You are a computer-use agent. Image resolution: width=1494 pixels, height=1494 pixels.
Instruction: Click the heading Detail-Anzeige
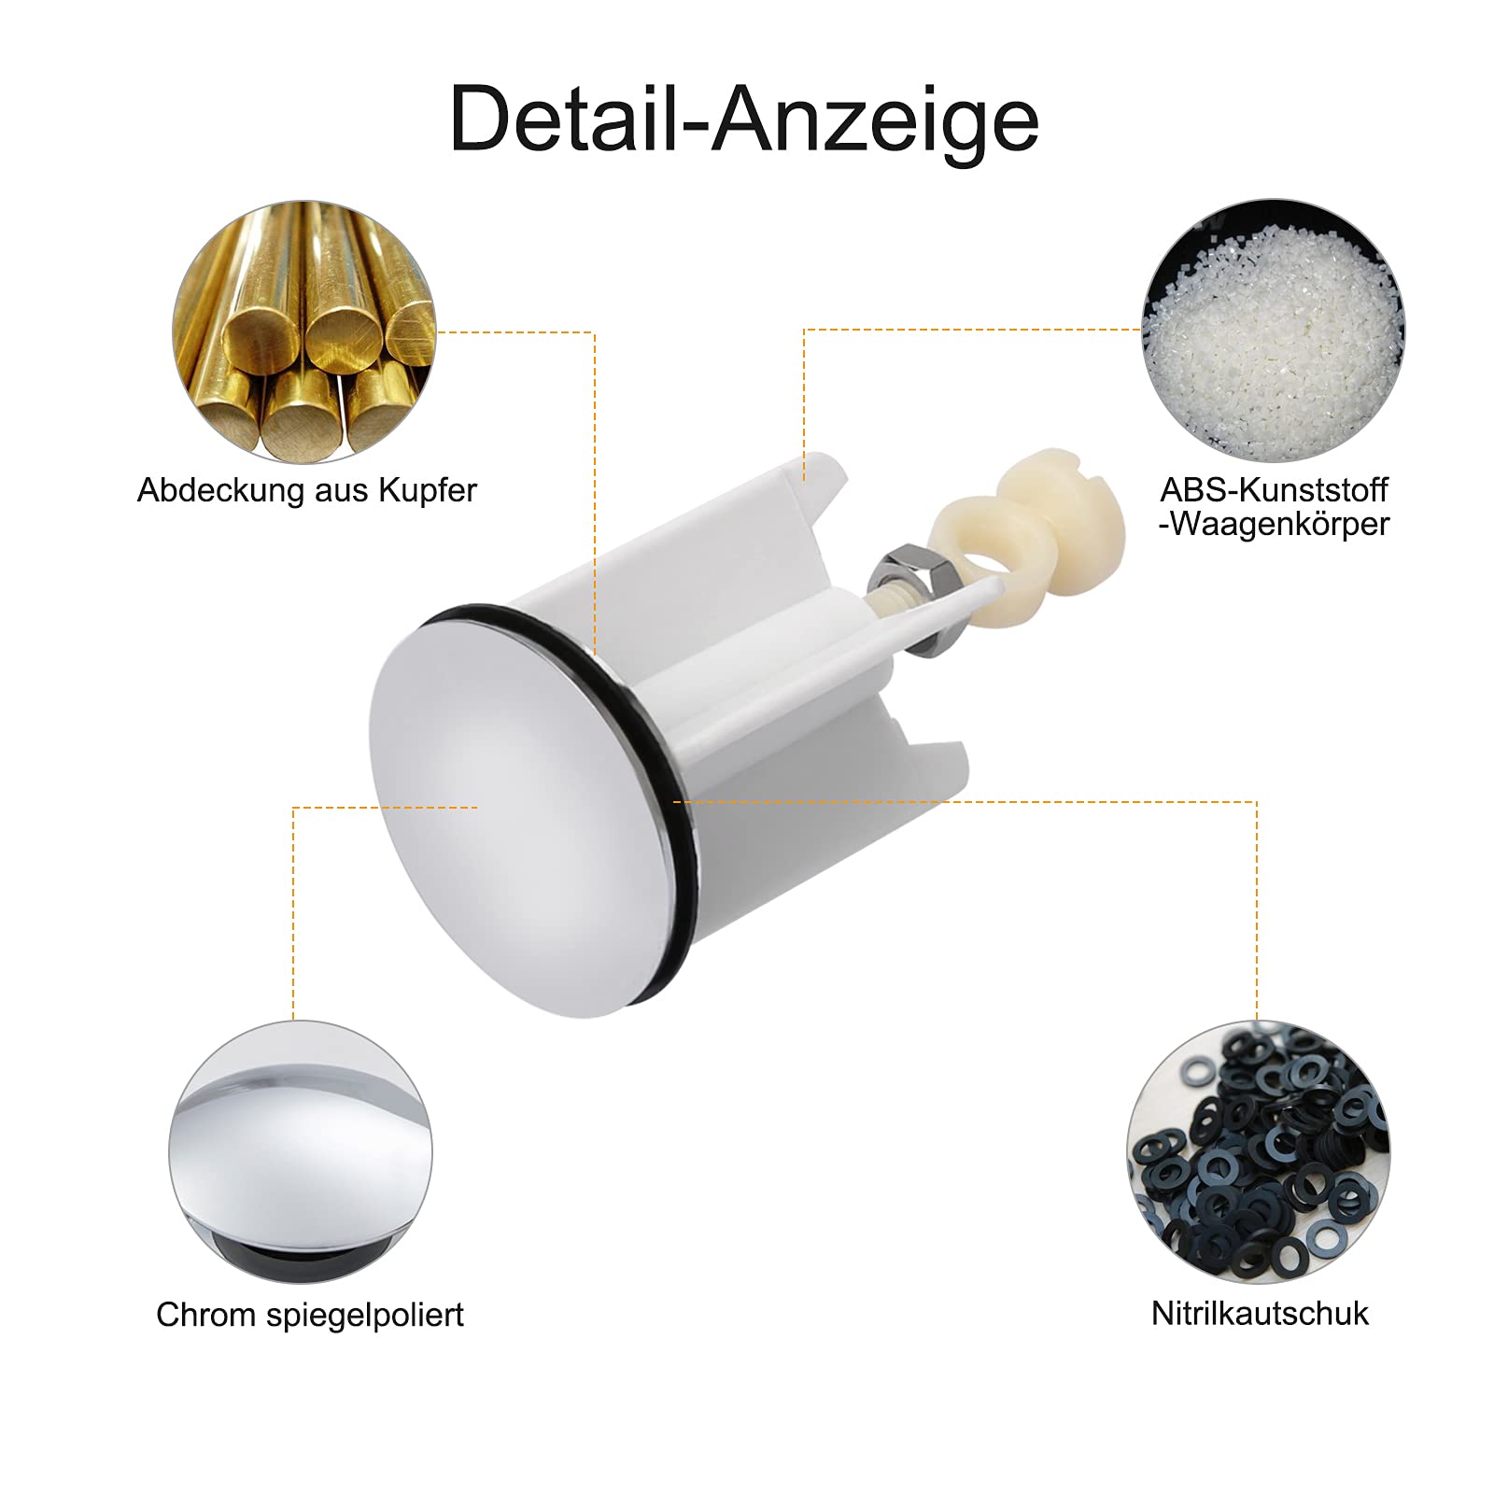click(x=744, y=120)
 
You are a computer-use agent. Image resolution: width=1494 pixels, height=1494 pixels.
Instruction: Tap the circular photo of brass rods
click(x=304, y=331)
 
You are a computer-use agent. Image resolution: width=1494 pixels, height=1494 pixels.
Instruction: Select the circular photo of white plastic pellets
click(x=1274, y=330)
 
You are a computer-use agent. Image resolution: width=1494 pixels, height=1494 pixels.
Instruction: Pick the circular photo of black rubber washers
click(x=1258, y=1151)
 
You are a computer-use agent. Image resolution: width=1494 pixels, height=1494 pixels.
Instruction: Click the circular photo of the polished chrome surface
click(x=301, y=1152)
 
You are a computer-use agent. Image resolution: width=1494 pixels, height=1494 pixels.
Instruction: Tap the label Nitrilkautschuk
click(x=1260, y=1314)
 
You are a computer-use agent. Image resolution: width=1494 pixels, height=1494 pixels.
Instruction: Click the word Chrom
click(x=205, y=1315)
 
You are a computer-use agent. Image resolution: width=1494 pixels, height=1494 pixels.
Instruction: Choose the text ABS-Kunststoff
click(x=1274, y=490)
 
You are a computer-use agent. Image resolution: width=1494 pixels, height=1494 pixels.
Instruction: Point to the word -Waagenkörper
click(x=1274, y=525)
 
